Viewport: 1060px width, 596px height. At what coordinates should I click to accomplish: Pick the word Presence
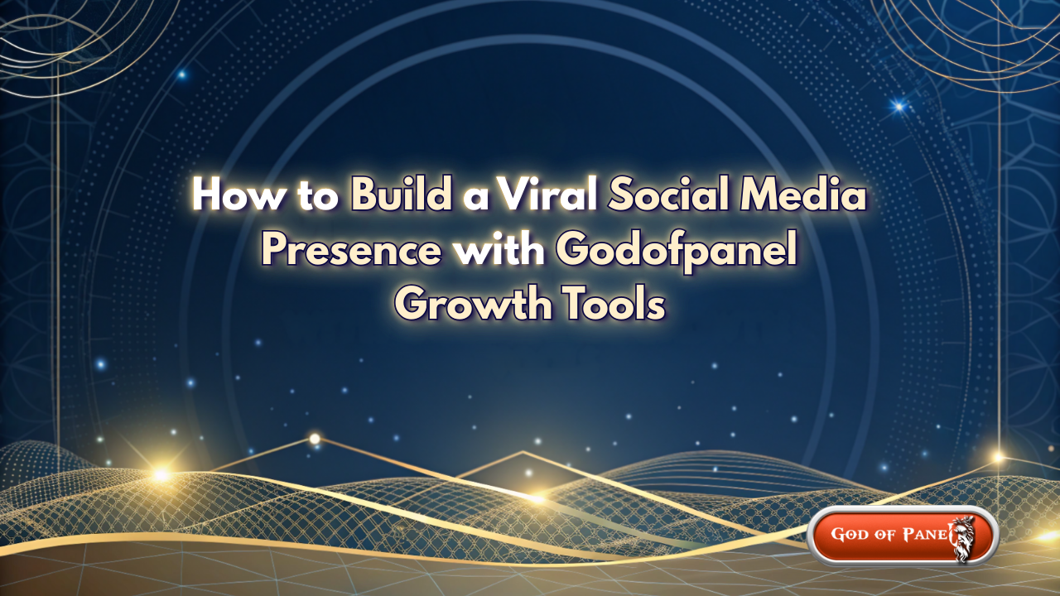[x=351, y=249]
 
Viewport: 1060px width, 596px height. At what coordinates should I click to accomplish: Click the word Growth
[x=473, y=302]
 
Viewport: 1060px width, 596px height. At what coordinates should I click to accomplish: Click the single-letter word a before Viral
[x=475, y=199]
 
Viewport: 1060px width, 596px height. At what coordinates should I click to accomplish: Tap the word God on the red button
[x=850, y=535]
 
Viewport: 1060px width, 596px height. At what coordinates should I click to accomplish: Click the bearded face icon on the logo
[x=963, y=538]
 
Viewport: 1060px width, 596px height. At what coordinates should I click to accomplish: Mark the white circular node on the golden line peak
[x=315, y=440]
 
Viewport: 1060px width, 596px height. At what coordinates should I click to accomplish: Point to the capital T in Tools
[x=576, y=303]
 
